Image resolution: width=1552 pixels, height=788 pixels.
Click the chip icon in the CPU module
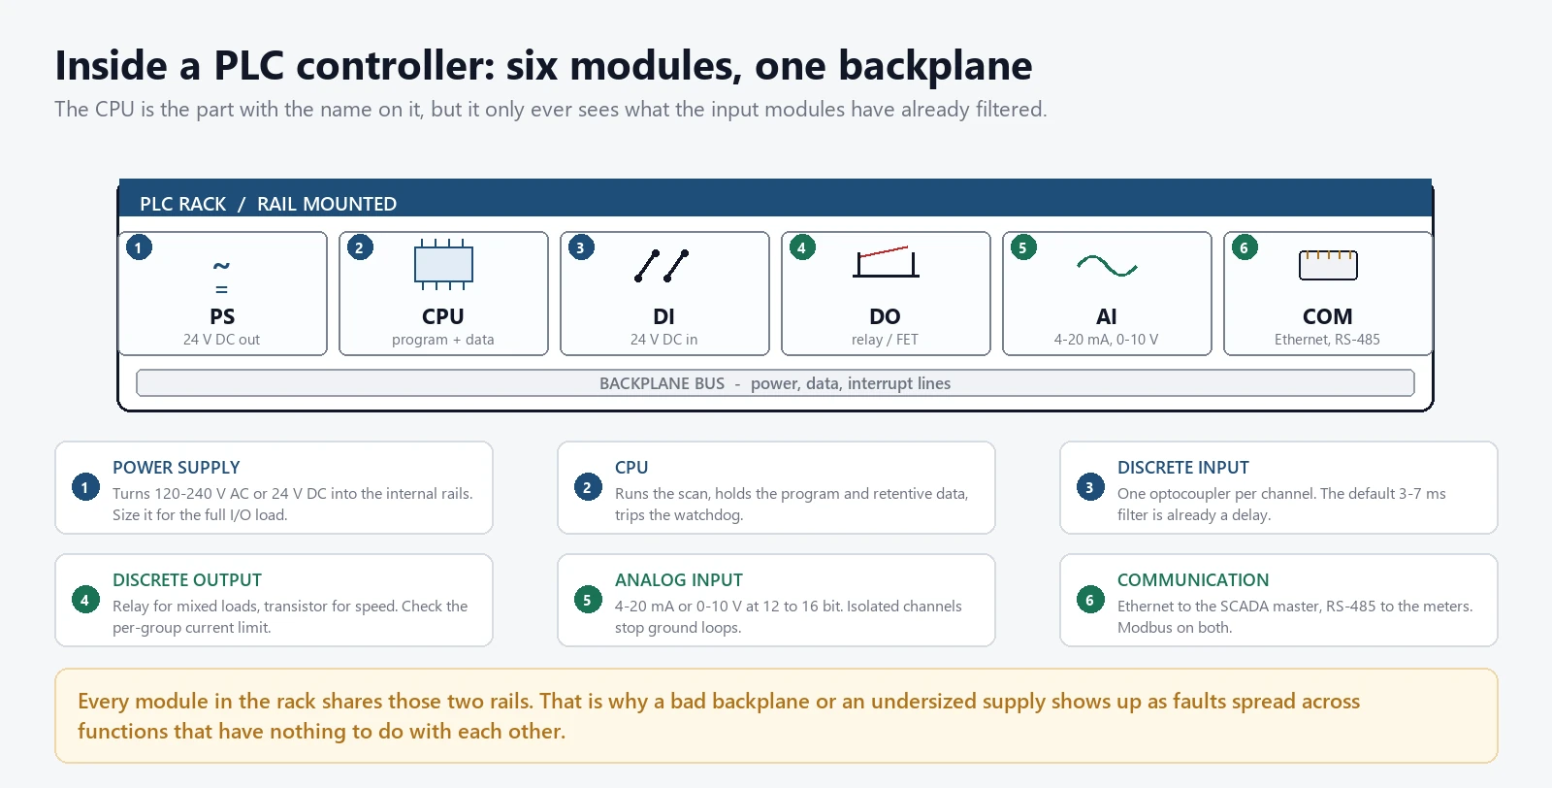(443, 265)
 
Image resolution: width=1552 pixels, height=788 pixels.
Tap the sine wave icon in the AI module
(1107, 266)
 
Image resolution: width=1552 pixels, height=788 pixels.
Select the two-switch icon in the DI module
(662, 266)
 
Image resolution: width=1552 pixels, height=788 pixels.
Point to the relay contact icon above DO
(886, 262)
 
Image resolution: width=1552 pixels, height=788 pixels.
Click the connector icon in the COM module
(1328, 265)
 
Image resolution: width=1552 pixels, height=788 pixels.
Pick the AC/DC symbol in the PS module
(221, 277)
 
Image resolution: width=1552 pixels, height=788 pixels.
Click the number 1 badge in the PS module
(139, 247)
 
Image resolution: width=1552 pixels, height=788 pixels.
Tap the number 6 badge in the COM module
(1245, 247)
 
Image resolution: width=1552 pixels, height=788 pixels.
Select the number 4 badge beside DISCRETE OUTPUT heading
(85, 600)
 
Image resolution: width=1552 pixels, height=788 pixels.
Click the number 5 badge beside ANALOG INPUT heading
(588, 600)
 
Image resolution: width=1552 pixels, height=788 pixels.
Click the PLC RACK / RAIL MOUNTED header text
(268, 204)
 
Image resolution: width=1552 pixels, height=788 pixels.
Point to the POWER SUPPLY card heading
(176, 468)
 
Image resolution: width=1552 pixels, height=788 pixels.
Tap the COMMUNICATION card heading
(1193, 580)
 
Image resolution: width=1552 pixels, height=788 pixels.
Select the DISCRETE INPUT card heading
(1182, 468)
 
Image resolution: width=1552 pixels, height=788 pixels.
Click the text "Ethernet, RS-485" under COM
(1328, 340)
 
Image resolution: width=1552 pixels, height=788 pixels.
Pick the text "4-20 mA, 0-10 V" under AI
(1107, 340)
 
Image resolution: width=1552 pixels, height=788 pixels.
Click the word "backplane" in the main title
(935, 67)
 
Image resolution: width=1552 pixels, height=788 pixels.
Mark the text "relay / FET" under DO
(885, 340)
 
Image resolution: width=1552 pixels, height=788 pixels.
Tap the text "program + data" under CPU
(442, 340)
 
